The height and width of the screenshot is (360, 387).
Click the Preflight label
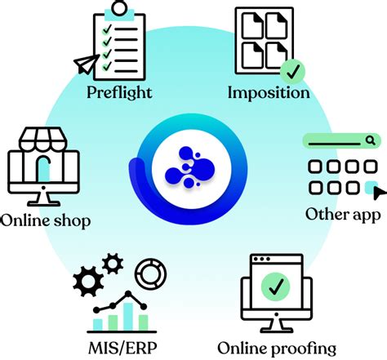pos(119,93)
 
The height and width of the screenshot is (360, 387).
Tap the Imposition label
pos(269,93)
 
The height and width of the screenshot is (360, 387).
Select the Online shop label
pos(46,221)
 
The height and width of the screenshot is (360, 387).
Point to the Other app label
pos(343,215)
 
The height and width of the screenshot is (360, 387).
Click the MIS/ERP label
pos(122,348)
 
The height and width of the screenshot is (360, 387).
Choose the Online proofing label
pos(277,349)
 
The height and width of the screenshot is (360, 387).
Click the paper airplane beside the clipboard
pos(87,64)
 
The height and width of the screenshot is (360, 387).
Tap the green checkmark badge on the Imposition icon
pos(292,71)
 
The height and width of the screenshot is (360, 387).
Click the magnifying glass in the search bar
pos(370,140)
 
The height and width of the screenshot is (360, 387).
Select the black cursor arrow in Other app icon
pos(379,193)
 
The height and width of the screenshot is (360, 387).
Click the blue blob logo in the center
pos(190,167)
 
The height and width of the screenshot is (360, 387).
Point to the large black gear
pos(88,282)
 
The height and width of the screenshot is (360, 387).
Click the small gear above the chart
pos(113,264)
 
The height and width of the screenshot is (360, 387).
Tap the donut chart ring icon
pos(151,273)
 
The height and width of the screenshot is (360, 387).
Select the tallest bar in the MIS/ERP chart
pos(128,317)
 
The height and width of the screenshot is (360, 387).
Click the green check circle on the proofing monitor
pos(276,287)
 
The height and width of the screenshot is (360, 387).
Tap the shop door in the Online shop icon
pos(43,169)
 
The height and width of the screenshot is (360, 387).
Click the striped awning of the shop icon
pos(43,139)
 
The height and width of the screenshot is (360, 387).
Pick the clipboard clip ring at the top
pos(119,8)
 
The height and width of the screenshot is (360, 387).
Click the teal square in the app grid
pos(371,188)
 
